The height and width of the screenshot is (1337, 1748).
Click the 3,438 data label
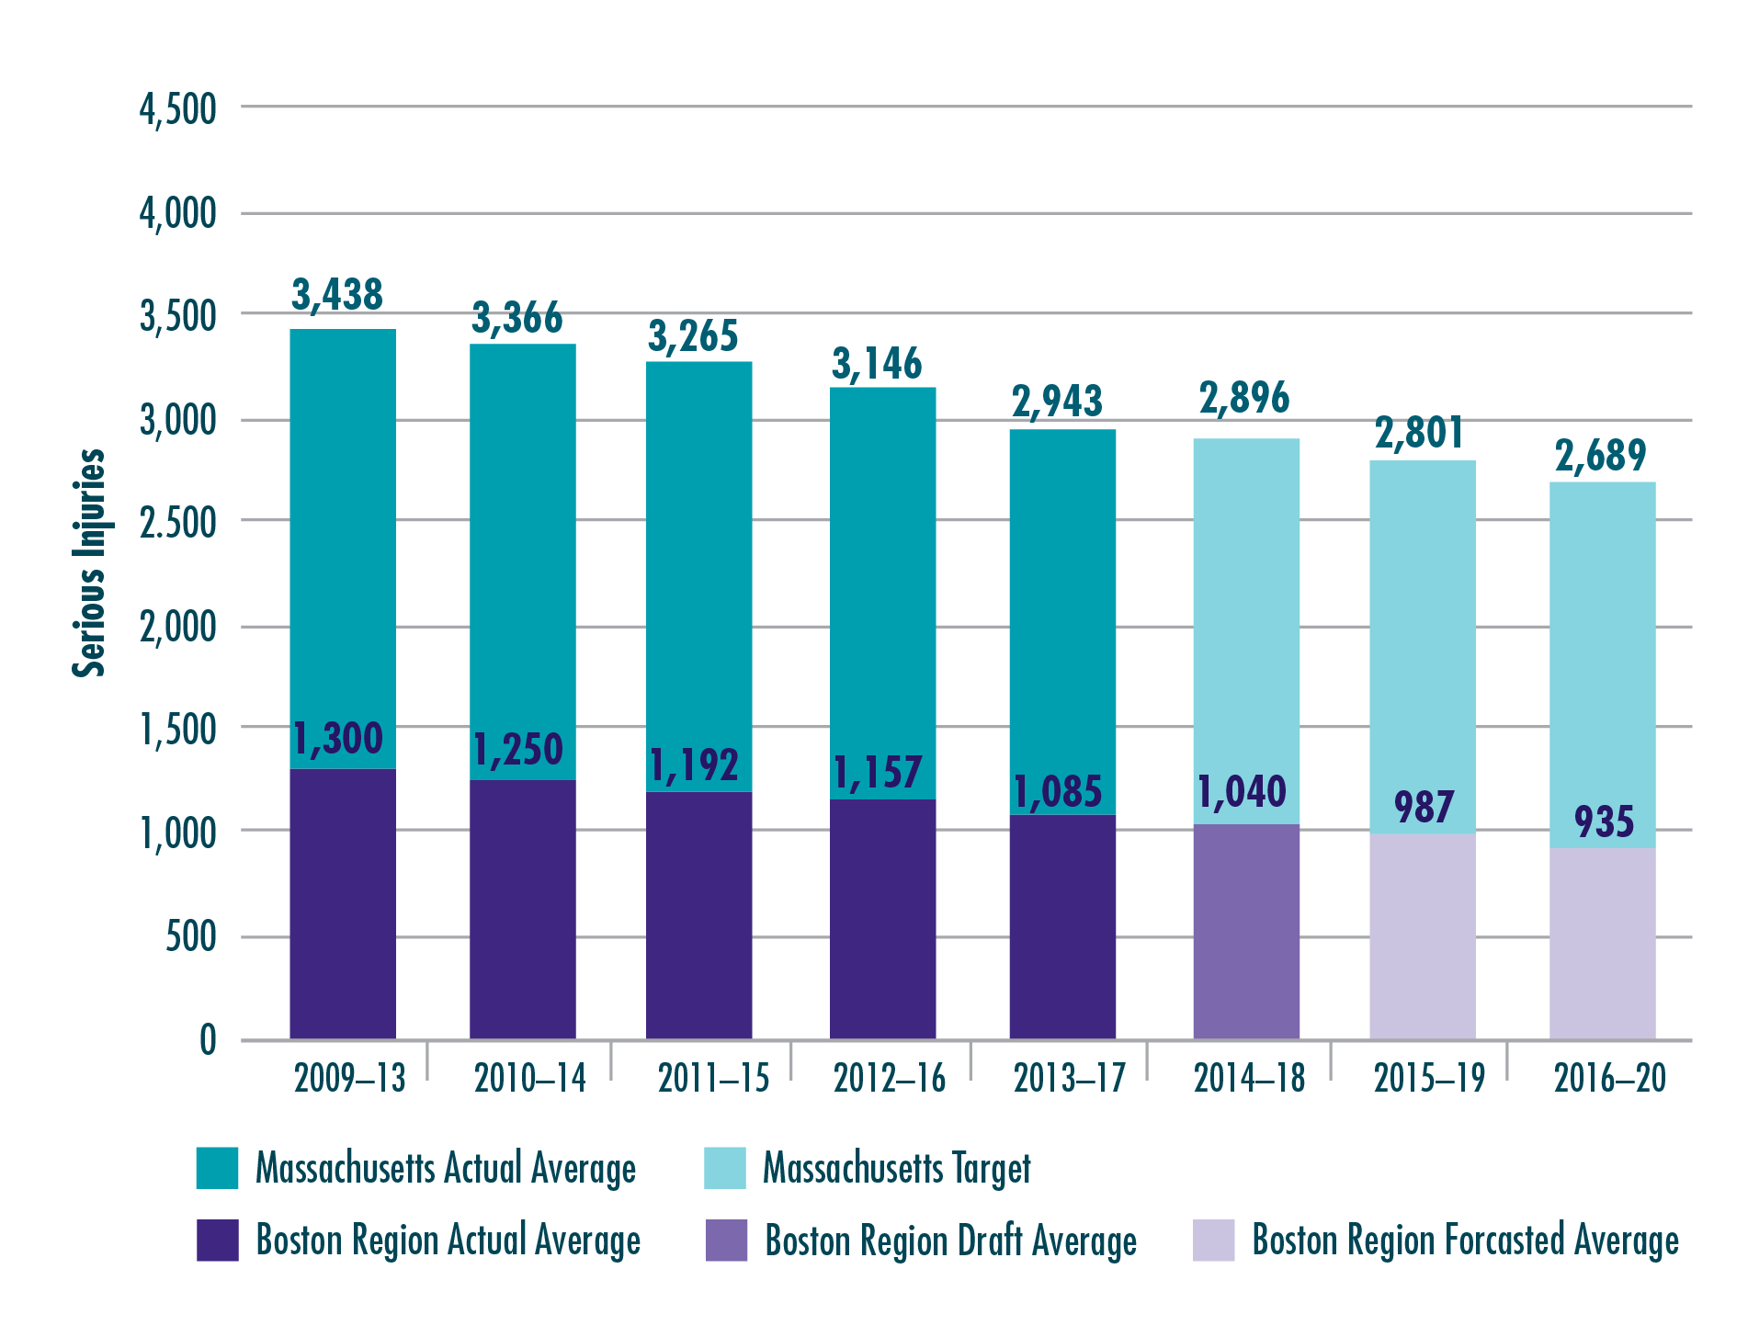pos(336,295)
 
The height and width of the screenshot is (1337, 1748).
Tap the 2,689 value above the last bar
pos(1600,456)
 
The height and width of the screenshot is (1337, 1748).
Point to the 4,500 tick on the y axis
pos(177,109)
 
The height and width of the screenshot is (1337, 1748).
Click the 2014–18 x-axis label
pos(1248,1078)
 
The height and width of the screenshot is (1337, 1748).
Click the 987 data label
pos(1424,808)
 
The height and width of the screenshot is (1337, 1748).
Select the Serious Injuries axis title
pos(89,563)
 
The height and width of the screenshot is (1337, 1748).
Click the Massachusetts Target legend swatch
pos(724,1168)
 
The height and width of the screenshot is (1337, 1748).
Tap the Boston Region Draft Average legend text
pos(950,1241)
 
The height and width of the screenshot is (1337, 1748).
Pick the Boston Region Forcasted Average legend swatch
pos(1213,1241)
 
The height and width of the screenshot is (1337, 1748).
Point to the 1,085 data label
pos(1057,792)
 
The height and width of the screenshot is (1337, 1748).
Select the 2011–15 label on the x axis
pos(713,1078)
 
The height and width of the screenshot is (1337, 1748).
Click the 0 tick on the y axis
pos(208,1040)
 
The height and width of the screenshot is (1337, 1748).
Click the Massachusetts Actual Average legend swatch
pos(217,1168)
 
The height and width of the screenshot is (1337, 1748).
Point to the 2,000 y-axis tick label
pos(177,628)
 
